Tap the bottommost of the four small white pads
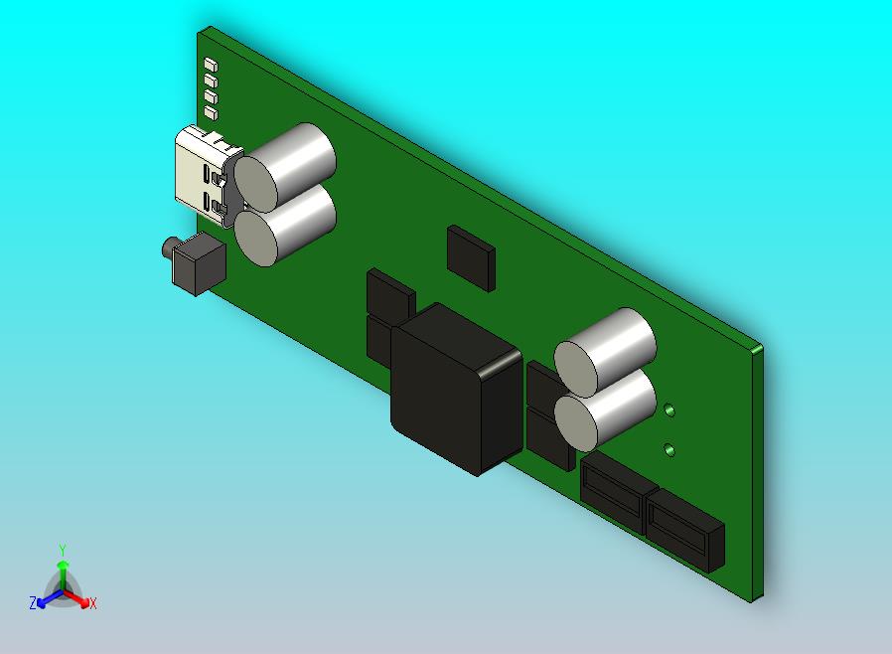(210, 111)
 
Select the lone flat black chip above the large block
(470, 256)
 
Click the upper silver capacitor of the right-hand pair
(605, 348)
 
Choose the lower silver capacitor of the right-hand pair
(605, 409)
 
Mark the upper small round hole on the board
(670, 409)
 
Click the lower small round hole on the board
(669, 449)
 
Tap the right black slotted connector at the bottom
(683, 530)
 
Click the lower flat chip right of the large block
(547, 437)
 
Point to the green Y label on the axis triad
(63, 550)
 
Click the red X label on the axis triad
(92, 603)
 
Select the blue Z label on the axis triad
(33, 603)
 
